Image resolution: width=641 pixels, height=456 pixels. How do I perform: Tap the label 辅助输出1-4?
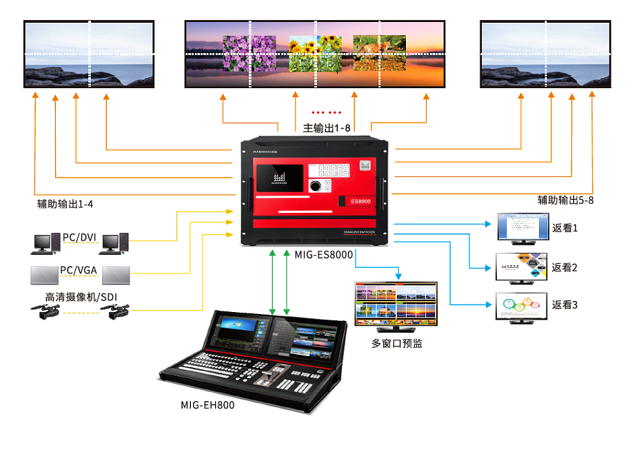(65, 204)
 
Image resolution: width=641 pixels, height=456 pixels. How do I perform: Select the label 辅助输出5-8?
(565, 200)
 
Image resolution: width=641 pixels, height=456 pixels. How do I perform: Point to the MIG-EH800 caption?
(207, 405)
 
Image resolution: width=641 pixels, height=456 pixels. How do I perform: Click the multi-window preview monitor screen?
(396, 303)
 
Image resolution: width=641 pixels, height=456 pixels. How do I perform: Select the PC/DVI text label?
(79, 238)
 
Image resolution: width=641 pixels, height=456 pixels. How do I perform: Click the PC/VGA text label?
(79, 270)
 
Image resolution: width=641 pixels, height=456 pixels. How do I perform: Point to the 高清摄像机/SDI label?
(81, 298)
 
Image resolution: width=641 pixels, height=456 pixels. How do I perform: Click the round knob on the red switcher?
(316, 186)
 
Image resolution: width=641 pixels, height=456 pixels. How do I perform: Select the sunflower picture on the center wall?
(315, 54)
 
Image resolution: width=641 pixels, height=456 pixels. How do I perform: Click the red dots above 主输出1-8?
(326, 112)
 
